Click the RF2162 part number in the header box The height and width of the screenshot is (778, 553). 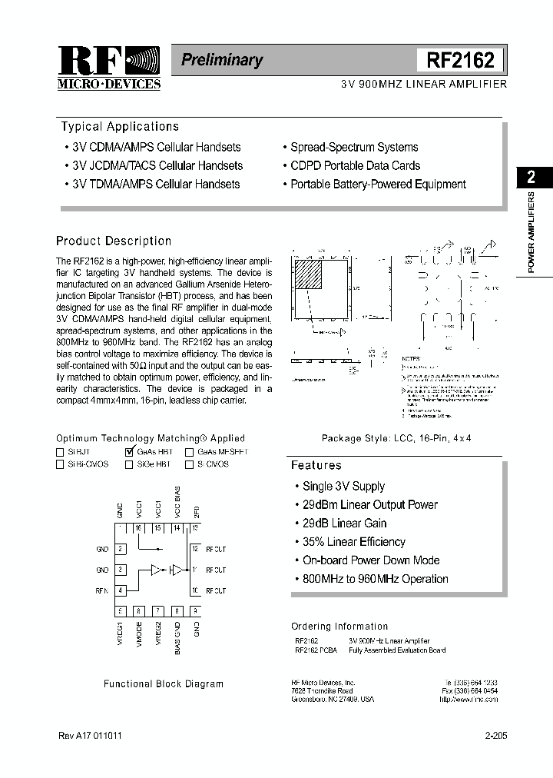click(x=461, y=60)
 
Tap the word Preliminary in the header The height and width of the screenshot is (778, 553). click(x=222, y=60)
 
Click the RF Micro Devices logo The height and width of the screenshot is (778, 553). click(x=109, y=68)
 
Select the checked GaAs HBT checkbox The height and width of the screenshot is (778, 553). click(x=129, y=452)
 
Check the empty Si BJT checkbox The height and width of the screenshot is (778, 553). click(x=61, y=452)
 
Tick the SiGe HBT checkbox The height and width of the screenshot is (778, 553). click(x=129, y=464)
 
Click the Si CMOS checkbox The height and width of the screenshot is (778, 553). click(x=189, y=464)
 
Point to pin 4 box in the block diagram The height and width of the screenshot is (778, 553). click(x=121, y=590)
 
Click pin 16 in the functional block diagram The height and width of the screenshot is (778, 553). click(x=139, y=529)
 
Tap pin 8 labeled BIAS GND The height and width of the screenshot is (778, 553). click(x=177, y=611)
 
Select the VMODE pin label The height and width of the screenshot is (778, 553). click(x=139, y=635)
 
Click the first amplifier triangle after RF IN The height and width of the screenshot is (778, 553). click(x=156, y=570)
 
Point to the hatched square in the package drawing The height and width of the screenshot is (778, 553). click(x=310, y=274)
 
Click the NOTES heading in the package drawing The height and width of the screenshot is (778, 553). click(x=412, y=358)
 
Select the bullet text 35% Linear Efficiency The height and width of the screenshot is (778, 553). click(x=354, y=542)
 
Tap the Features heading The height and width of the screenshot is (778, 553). click(x=316, y=465)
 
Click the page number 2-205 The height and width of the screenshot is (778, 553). click(x=495, y=736)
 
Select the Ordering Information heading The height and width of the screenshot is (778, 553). click(x=339, y=627)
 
